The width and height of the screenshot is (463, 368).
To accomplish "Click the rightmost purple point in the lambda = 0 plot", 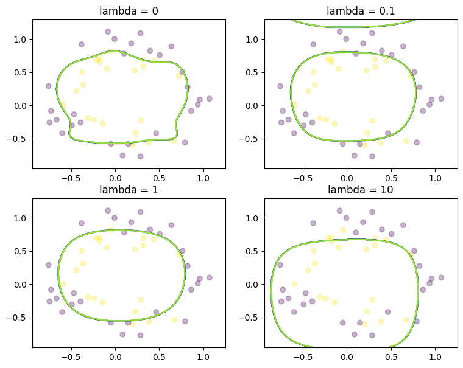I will coord(209,99).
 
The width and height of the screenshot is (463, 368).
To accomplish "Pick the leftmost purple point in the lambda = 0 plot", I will coord(49,86).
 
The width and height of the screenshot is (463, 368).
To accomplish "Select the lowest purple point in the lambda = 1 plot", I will coord(140,335).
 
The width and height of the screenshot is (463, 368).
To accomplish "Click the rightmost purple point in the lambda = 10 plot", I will coord(441,277).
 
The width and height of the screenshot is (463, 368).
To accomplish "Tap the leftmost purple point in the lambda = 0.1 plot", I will coord(280,86).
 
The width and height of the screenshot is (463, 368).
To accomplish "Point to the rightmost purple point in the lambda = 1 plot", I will coord(209,277).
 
